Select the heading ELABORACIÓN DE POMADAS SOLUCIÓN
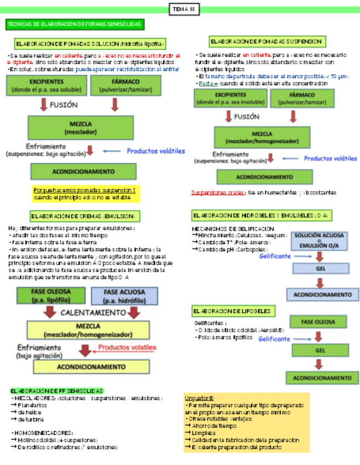(89, 43)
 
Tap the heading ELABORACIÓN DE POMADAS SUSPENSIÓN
(266, 41)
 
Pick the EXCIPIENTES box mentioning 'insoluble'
(230, 98)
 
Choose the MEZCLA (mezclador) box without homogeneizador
(81, 128)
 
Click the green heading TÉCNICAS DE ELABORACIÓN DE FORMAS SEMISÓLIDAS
(75, 24)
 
